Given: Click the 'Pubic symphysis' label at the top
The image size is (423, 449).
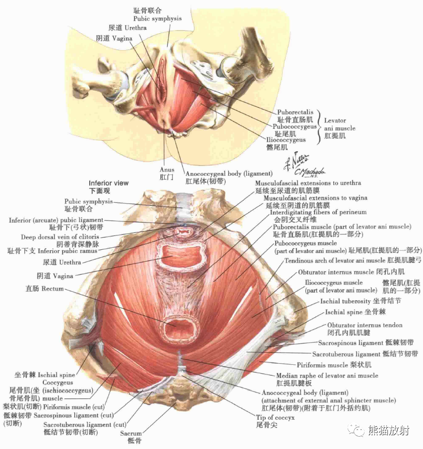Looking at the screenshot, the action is coord(157,19).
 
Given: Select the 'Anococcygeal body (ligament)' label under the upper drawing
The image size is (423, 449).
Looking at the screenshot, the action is coord(229,173).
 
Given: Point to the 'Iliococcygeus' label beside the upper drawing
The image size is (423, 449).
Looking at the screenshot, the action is coord(286,140).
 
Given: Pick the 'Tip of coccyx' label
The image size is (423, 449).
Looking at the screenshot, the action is coord(275,417).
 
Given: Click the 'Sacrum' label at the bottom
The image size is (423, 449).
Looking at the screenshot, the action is coord(131,434).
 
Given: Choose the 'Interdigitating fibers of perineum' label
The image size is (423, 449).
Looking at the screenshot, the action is coord(318,212).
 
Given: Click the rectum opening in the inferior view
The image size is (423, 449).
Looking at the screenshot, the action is coord(180,330).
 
